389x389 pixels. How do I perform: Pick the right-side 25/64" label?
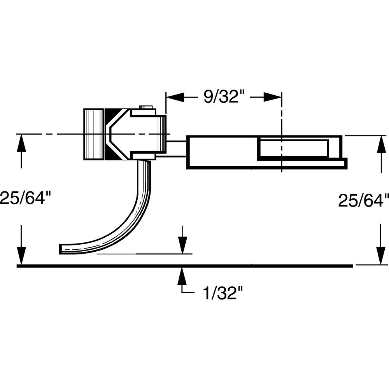click(363, 201)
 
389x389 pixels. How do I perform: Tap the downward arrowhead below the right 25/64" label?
click(380, 253)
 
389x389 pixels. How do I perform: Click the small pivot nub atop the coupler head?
click(146, 107)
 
